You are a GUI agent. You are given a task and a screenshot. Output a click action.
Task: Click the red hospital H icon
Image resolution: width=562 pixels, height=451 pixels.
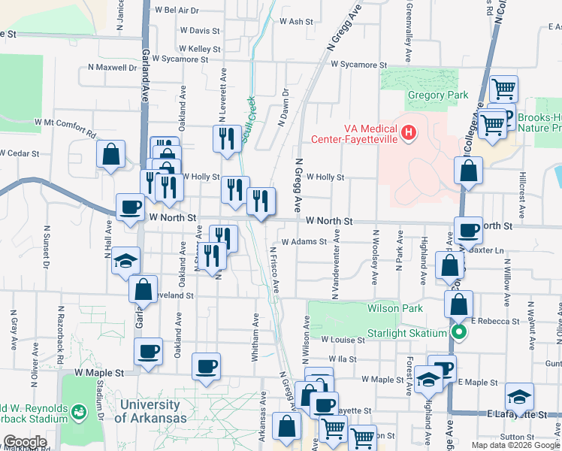(x=408, y=132)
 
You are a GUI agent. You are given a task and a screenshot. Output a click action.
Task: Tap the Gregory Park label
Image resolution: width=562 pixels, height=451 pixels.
(x=437, y=95)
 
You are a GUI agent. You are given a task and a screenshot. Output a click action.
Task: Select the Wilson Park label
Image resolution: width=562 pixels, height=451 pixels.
(x=394, y=308)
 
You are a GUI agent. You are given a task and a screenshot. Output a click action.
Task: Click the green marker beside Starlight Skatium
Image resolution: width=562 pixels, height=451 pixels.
(x=457, y=333)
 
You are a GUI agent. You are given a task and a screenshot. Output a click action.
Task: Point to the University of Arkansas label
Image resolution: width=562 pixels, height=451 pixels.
(x=153, y=412)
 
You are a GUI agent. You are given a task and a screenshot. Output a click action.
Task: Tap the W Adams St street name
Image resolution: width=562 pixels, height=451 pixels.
(x=304, y=242)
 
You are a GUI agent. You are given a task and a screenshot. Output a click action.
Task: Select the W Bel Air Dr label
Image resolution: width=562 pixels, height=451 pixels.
(x=176, y=11)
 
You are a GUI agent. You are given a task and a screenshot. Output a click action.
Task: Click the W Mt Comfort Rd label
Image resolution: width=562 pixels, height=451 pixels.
(x=65, y=127)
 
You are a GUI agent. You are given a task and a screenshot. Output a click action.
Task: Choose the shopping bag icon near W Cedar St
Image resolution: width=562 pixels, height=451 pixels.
(x=110, y=155)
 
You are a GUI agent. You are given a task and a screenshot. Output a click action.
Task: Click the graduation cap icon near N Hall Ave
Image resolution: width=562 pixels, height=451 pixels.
(x=125, y=261)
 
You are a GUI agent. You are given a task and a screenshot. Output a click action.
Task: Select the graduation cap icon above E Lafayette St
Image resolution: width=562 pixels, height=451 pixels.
(x=519, y=395)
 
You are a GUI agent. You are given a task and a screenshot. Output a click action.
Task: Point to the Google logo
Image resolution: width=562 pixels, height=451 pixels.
(x=24, y=442)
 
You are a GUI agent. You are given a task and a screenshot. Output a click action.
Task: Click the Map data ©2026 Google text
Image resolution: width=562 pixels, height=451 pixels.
(x=515, y=445)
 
